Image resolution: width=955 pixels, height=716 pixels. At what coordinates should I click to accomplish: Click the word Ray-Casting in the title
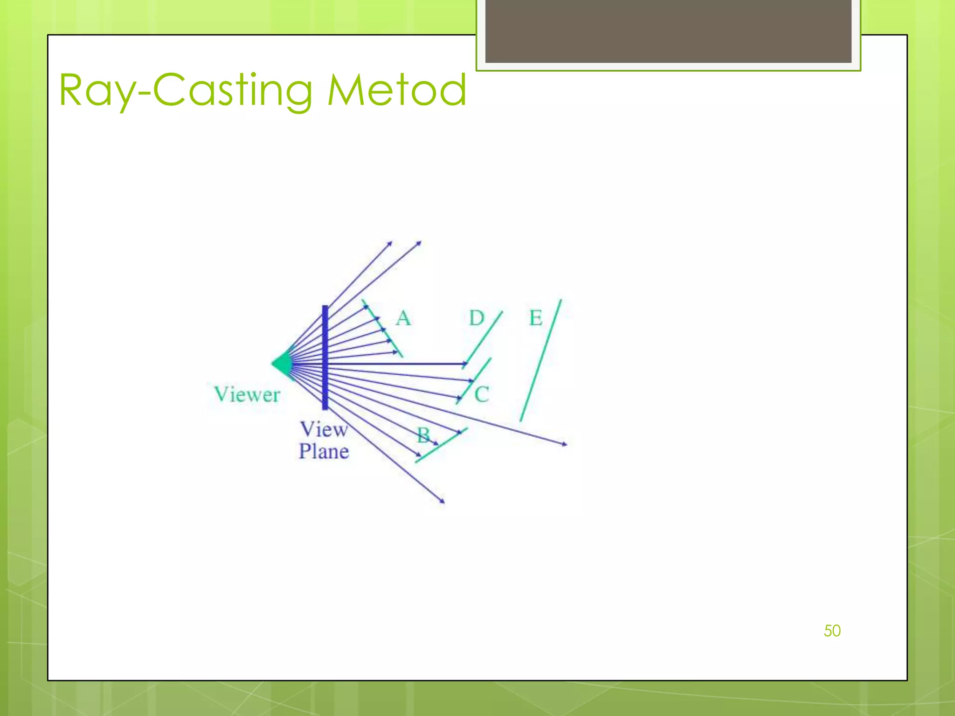point(186,90)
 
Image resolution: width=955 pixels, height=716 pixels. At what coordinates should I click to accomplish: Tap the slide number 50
point(832,631)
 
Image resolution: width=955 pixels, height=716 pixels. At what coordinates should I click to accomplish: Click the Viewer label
point(247,394)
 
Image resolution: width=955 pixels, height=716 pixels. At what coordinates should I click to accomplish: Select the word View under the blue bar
point(323,429)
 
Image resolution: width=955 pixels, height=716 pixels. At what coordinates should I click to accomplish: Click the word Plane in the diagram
point(324,451)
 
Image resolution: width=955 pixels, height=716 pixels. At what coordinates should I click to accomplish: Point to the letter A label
point(403,318)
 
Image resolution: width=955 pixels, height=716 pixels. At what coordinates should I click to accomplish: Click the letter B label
point(423,435)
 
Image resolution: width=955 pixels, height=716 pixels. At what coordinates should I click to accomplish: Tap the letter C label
point(482,394)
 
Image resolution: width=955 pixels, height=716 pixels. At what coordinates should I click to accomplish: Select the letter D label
point(477,318)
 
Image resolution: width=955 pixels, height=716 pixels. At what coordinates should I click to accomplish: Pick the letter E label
point(536,318)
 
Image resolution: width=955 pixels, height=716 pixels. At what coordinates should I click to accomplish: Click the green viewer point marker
point(282,364)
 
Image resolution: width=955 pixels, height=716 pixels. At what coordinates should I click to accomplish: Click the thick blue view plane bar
point(325,358)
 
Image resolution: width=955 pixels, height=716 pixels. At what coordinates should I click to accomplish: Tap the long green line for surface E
point(541,360)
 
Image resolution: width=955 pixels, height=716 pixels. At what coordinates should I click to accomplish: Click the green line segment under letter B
point(441,445)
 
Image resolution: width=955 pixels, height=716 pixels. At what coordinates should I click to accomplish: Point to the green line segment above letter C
point(475,380)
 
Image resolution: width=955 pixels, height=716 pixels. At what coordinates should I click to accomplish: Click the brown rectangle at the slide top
point(668,31)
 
